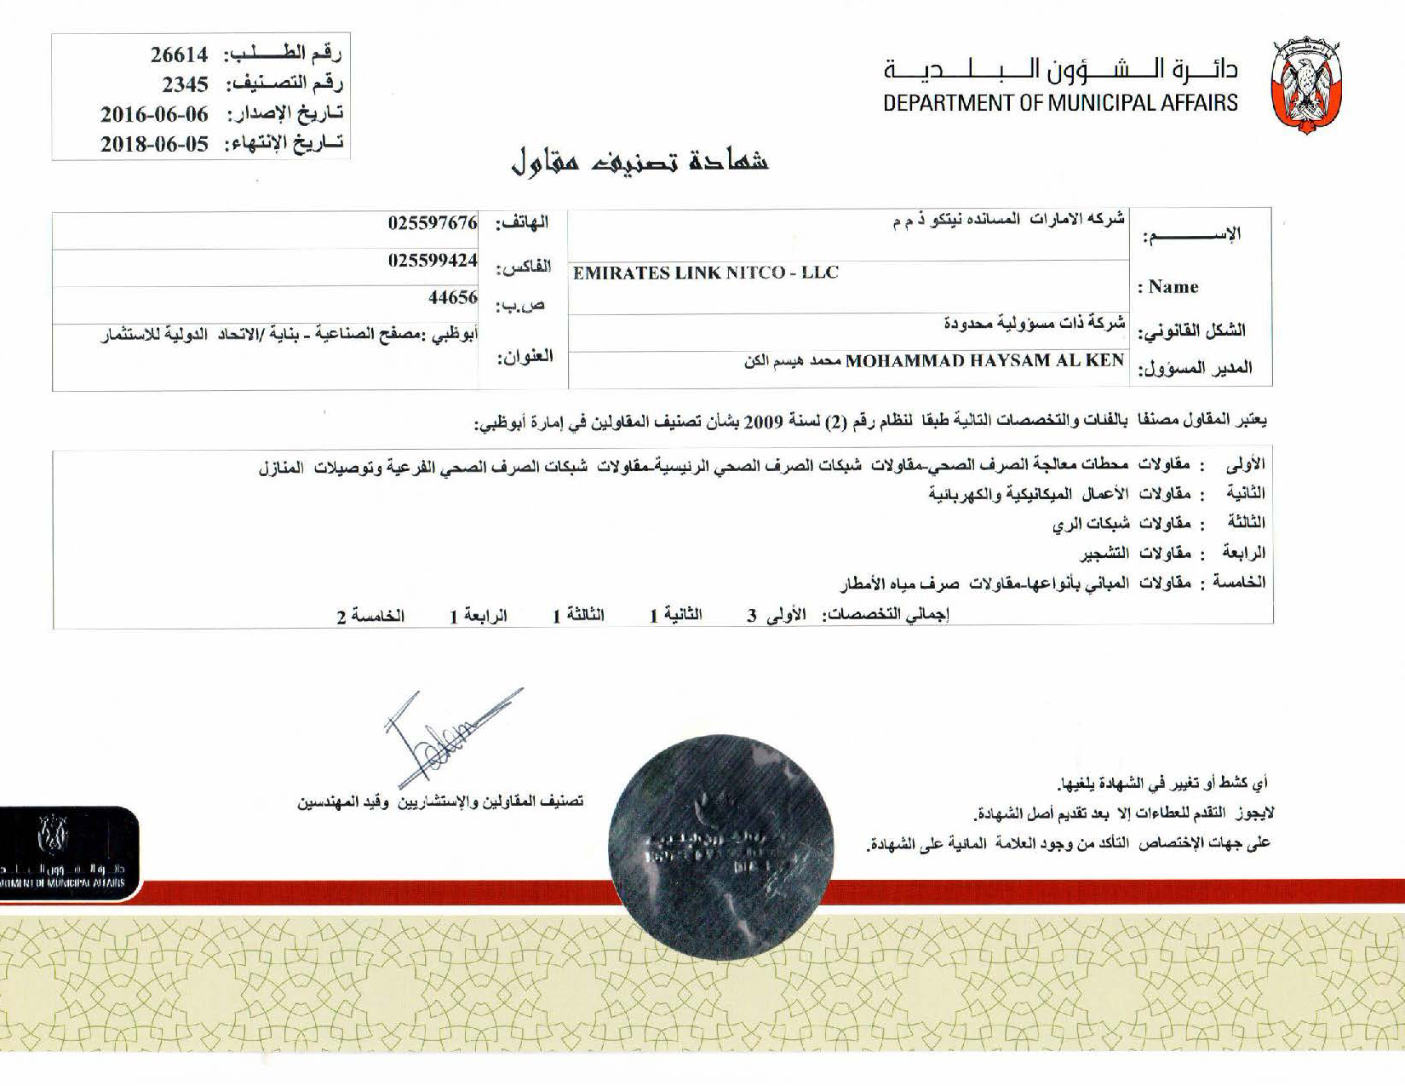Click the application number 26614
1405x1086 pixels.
coord(179,55)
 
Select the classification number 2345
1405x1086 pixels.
coord(185,83)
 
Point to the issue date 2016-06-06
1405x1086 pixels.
coord(154,113)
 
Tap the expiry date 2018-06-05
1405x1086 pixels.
coord(154,143)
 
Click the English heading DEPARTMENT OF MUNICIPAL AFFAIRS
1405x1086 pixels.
coord(1060,103)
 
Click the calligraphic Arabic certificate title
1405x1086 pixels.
coord(639,161)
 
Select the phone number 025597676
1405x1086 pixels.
coord(433,223)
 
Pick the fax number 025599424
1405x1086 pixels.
coord(433,261)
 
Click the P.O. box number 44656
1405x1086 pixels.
coord(452,297)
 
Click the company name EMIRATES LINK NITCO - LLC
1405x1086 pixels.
coord(705,273)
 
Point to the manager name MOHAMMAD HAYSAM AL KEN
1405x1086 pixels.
coord(984,360)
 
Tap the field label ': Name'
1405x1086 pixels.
coord(1168,287)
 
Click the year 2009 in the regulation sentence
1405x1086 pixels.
coord(760,421)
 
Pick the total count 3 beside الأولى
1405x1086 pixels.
coord(752,616)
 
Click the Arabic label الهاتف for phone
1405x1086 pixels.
coord(522,223)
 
